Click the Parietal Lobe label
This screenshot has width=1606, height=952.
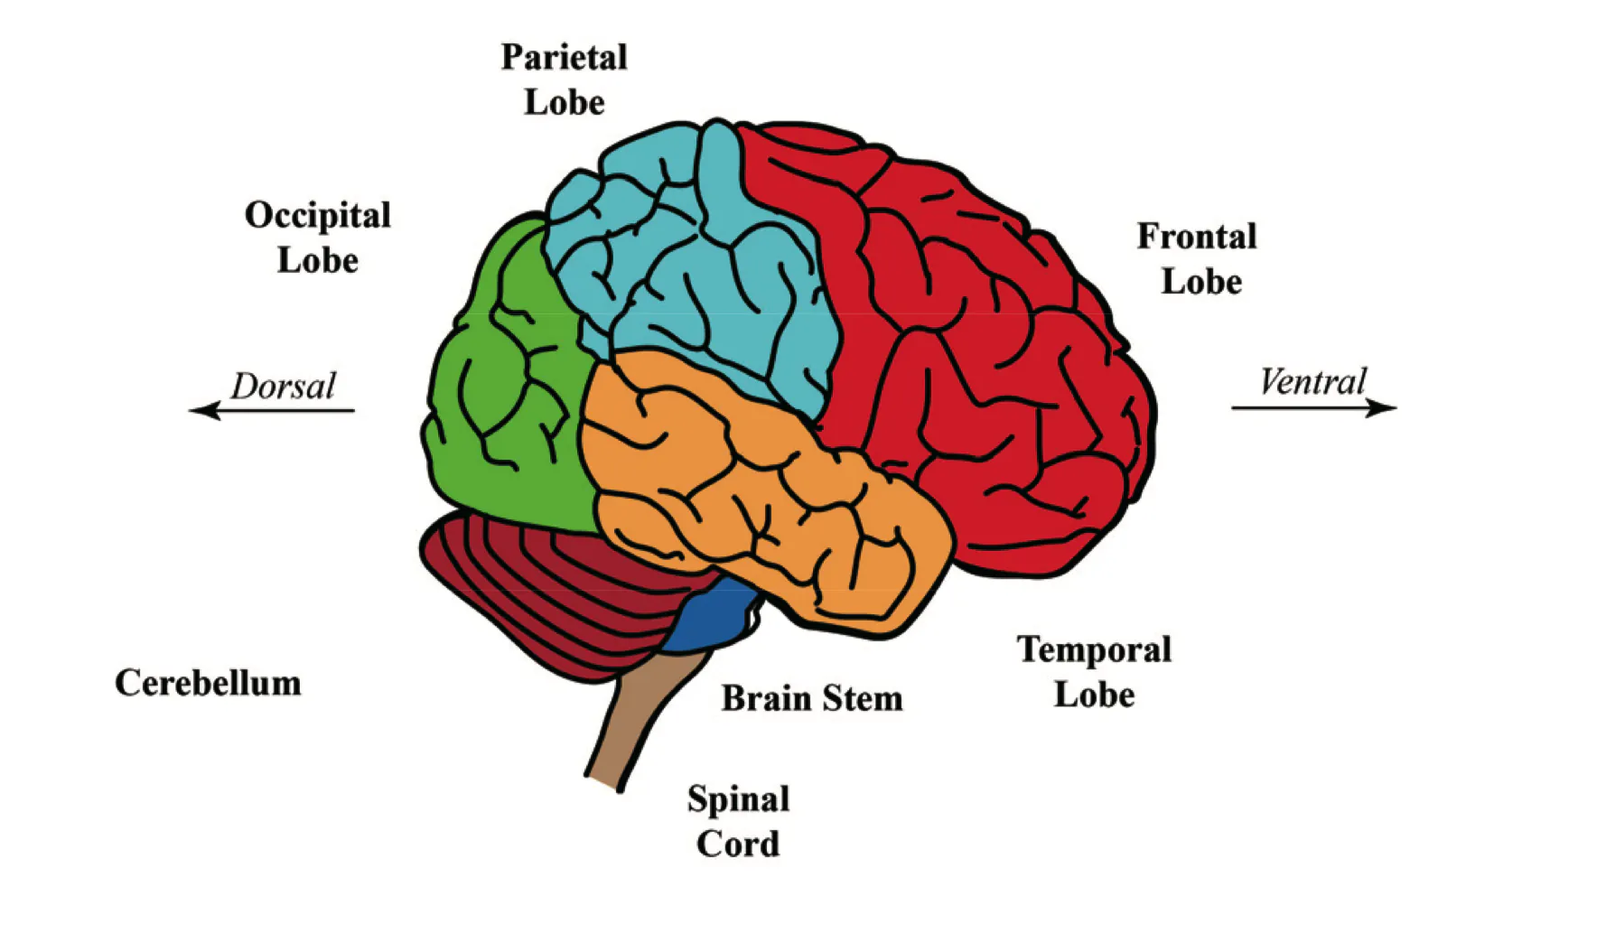click(564, 79)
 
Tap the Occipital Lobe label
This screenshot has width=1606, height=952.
click(317, 238)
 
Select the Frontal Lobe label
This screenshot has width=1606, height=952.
click(1197, 259)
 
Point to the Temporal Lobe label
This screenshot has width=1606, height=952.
click(1094, 672)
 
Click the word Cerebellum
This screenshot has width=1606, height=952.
click(208, 683)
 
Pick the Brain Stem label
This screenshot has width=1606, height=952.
click(811, 698)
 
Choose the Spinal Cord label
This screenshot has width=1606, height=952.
click(738, 821)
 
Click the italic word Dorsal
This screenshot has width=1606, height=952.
click(283, 387)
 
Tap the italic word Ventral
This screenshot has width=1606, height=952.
click(1312, 382)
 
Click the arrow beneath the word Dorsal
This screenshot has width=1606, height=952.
click(272, 411)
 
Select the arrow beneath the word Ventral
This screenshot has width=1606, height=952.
click(1314, 408)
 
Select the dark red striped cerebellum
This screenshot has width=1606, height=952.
click(542, 587)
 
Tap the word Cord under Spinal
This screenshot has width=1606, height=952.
click(738, 844)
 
